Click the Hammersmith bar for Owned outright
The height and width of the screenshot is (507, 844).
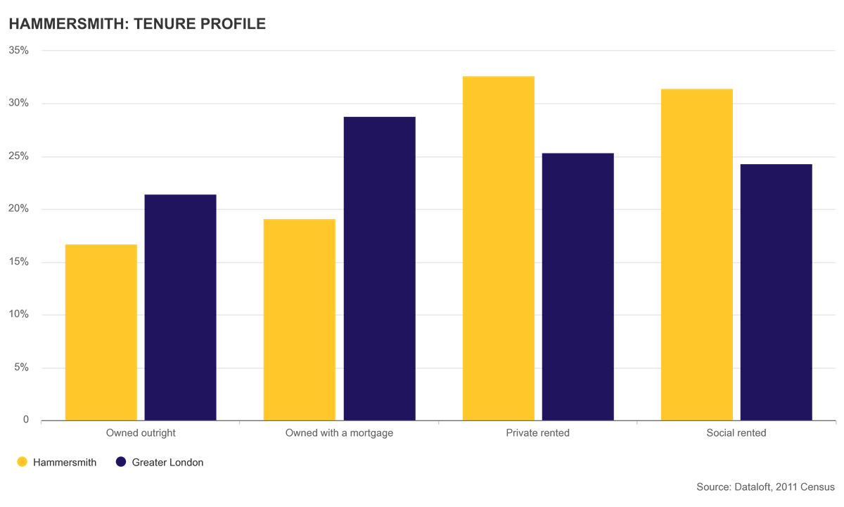click(101, 332)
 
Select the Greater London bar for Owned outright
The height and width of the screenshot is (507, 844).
click(181, 308)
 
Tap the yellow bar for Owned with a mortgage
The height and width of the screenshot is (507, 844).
click(300, 320)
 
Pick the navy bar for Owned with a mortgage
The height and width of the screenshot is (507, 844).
click(379, 268)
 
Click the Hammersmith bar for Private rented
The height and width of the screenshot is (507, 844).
click(499, 248)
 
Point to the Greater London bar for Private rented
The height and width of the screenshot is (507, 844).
click(578, 287)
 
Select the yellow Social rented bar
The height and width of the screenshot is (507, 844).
click(697, 255)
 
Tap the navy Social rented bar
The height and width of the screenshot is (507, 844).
click(776, 292)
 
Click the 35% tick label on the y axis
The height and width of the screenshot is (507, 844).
click(18, 50)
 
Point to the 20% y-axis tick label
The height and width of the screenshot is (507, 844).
click(18, 208)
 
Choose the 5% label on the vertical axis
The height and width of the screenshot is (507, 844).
click(22, 367)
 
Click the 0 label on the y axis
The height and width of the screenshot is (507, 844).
click(25, 420)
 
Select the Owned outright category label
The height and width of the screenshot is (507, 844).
click(141, 433)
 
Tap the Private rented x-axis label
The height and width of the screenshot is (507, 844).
click(537, 432)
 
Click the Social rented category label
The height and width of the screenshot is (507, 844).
click(736, 432)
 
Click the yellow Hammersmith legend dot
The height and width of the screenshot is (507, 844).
click(23, 462)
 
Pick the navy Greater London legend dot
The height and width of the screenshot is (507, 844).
click(121, 462)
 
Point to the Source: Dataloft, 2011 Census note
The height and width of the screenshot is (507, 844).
click(766, 487)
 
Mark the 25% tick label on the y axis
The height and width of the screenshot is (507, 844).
click(18, 156)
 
